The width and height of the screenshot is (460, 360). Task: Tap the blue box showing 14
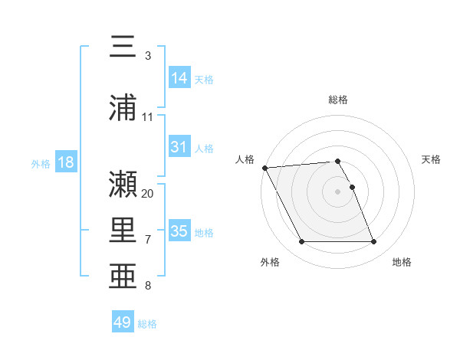click(x=179, y=78)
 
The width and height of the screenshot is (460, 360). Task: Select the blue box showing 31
click(x=179, y=147)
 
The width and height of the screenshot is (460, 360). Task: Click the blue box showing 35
click(x=179, y=231)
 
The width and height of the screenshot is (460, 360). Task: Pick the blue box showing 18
click(x=65, y=162)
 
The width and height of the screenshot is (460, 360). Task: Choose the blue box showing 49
click(x=123, y=322)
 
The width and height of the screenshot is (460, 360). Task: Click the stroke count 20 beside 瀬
click(x=148, y=193)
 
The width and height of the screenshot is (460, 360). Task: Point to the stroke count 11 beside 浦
click(x=148, y=116)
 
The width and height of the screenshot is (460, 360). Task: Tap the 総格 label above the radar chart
click(x=338, y=100)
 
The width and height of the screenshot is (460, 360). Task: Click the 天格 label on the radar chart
click(x=432, y=159)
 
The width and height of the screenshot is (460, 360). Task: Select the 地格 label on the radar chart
click(x=402, y=262)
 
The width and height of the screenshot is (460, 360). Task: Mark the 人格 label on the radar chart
click(x=245, y=159)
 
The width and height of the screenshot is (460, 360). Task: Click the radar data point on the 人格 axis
click(x=264, y=168)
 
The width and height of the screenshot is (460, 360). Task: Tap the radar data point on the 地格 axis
click(x=374, y=242)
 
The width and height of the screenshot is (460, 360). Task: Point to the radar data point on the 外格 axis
click(x=301, y=242)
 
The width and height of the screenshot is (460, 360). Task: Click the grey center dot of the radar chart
click(x=338, y=191)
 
